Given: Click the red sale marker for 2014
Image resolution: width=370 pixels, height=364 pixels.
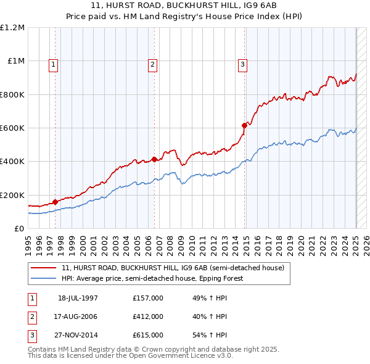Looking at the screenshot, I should click(x=245, y=125).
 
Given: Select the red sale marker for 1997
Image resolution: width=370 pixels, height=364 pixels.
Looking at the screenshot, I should click(x=55, y=201).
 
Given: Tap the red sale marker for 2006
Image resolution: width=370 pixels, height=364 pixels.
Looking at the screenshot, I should click(x=154, y=159).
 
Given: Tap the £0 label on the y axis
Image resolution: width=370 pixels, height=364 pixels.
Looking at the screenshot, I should click(x=19, y=228).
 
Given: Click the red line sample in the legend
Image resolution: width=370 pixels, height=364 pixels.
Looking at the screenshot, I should click(x=43, y=268).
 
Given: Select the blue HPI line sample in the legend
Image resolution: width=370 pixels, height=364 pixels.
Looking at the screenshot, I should click(x=43, y=278).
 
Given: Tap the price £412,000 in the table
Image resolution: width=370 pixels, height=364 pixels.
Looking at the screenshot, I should click(x=148, y=316).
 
